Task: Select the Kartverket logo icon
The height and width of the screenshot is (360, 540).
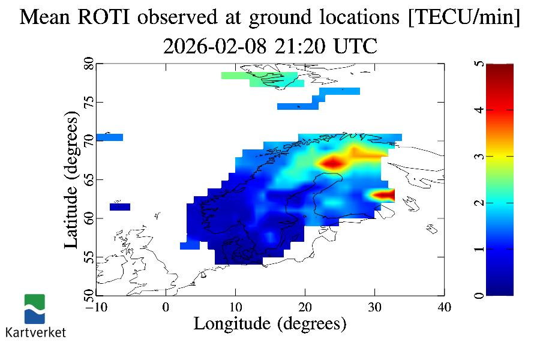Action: pos(35,309)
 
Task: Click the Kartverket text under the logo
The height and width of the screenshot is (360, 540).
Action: pos(35,332)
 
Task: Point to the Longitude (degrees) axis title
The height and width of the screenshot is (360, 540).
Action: pos(270,323)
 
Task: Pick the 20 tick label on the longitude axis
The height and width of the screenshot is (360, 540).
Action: pos(305,307)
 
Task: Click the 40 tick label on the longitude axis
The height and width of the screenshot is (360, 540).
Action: pos(444,307)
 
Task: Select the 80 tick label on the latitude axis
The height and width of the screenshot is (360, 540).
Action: pos(88,64)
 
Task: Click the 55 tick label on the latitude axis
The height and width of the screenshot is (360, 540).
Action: pos(88,257)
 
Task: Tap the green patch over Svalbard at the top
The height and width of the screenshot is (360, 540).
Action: pos(264,79)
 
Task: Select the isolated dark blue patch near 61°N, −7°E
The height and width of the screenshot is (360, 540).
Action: pos(120,207)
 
